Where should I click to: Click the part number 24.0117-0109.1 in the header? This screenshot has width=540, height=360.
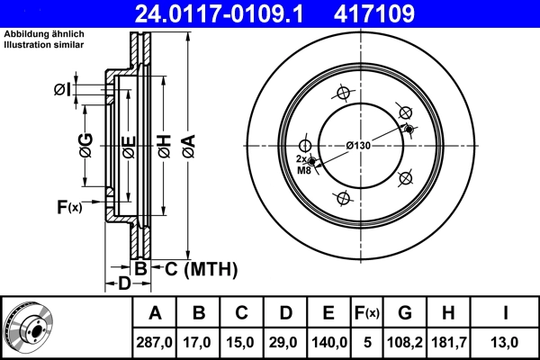point(221,13)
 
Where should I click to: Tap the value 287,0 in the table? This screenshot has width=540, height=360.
point(154,342)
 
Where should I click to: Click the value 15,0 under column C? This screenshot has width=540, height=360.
point(241,342)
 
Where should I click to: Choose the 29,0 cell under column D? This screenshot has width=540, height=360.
point(284,342)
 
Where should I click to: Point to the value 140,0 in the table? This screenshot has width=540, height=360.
point(328,342)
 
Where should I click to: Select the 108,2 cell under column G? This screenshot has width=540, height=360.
point(405,342)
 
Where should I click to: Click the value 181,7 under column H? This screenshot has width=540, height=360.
point(447,342)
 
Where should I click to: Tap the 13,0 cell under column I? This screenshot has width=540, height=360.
point(506,342)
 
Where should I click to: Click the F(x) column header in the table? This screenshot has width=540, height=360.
point(366,313)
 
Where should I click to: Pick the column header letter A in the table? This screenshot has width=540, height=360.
point(154,313)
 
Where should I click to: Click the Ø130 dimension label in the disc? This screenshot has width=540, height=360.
point(358,145)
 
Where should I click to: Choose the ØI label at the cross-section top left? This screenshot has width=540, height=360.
point(62,88)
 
